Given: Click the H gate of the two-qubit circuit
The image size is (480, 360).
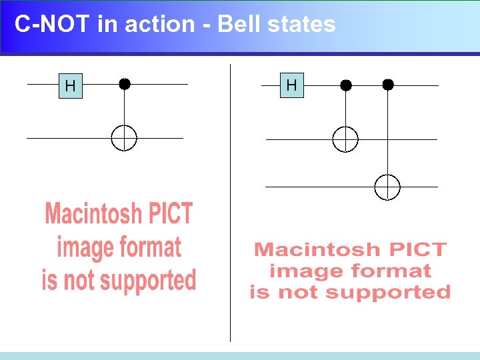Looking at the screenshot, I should coord(70,85).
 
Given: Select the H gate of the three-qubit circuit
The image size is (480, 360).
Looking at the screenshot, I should coord(291,85).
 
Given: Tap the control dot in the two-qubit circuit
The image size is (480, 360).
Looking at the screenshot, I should coord(125,84).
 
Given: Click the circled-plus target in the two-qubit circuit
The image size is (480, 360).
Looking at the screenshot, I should coord(124,139).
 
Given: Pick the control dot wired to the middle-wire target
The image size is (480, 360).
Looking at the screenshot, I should coord(345,85).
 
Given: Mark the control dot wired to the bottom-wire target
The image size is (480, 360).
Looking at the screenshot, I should coord(388,85).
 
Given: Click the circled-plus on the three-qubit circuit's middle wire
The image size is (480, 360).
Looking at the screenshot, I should coord(345,139).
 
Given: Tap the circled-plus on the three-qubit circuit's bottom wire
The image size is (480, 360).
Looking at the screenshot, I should coord(387,187).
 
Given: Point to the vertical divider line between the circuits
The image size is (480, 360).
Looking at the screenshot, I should coord(231,200).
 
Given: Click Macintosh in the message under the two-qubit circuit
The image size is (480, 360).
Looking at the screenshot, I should coord(93,215).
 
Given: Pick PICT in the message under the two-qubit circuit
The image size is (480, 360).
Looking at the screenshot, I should coord(170,215).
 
